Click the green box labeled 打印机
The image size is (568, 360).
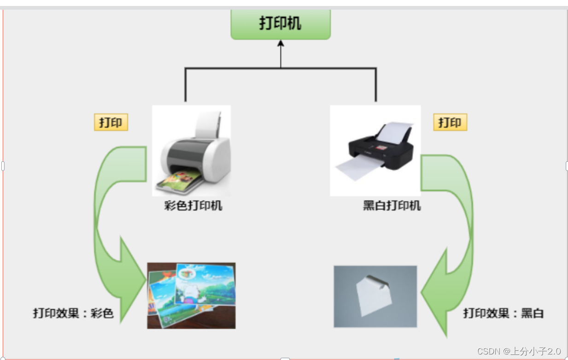[280, 24]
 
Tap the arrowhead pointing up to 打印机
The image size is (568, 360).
[281, 43]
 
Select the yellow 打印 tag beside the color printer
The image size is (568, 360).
[111, 123]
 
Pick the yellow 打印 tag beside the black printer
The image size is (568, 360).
[450, 123]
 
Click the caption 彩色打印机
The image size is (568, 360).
[193, 206]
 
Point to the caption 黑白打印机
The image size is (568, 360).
[392, 206]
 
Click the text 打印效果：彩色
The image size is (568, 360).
[73, 313]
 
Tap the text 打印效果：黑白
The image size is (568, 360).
[504, 313]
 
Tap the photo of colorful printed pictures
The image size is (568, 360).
[191, 295]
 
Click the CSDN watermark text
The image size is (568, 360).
[519, 351]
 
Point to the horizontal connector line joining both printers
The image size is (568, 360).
[281, 68]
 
